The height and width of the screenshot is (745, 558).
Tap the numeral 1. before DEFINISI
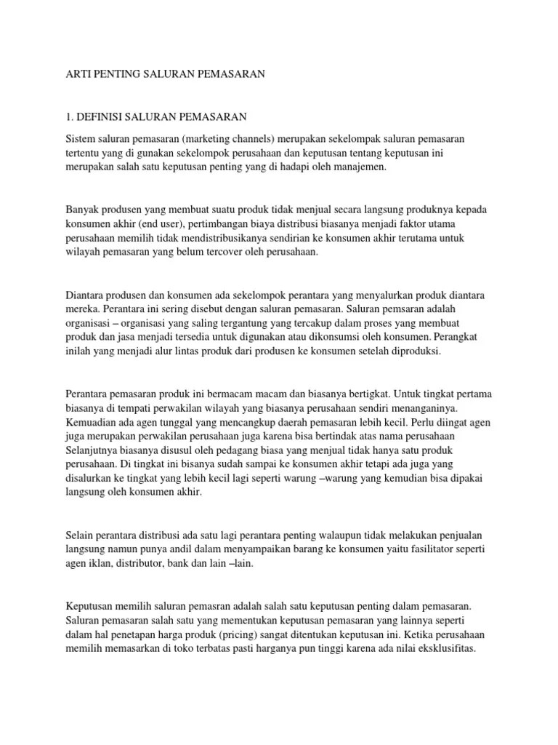point(70,116)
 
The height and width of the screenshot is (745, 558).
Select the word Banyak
point(84,210)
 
